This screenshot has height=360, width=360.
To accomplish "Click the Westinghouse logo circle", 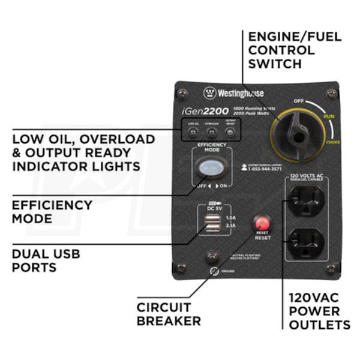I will (x=209, y=93).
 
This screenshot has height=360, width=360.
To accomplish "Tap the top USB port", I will (x=211, y=218).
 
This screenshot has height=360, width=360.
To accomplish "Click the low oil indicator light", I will (x=193, y=131).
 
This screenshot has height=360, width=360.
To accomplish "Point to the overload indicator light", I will (x=211, y=131).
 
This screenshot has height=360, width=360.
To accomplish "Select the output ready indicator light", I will (x=230, y=131).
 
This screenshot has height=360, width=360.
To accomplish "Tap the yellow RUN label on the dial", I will (x=329, y=116).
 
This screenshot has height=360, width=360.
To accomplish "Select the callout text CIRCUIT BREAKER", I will (x=169, y=313).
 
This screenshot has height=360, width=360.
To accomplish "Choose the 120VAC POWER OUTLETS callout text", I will (x=319, y=311).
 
